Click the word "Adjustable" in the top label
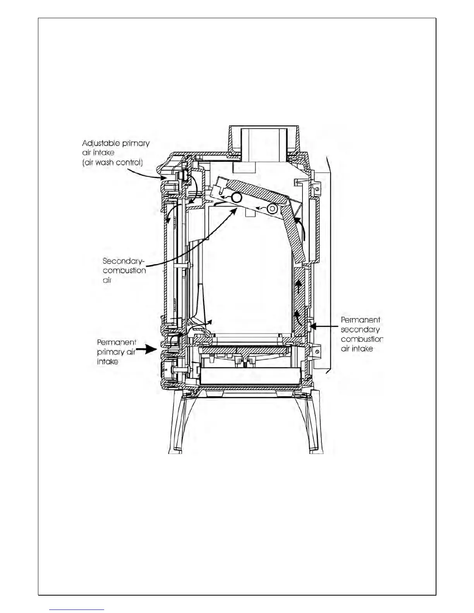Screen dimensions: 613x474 (x=99, y=144)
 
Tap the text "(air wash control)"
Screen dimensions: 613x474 (x=112, y=163)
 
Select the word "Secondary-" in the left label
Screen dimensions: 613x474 (x=123, y=261)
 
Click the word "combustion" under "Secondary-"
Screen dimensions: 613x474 (x=124, y=271)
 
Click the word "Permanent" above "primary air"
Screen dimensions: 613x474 (x=116, y=342)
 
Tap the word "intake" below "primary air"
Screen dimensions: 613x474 (x=107, y=362)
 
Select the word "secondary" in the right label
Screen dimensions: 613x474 (x=360, y=330)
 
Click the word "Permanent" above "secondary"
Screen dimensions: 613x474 (x=360, y=320)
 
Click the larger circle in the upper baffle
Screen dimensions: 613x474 (x=237, y=198)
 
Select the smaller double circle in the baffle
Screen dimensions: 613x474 (x=273, y=209)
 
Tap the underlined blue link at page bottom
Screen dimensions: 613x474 (x=77, y=610)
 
